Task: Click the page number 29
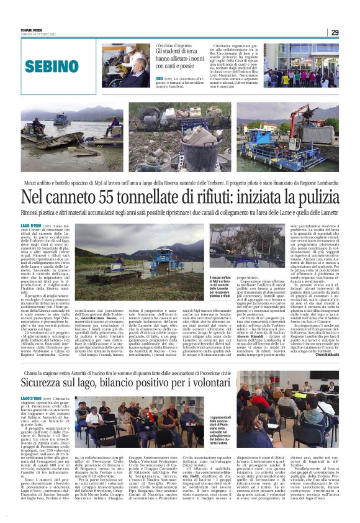click(334, 32)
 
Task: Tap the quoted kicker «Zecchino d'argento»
click(174, 47)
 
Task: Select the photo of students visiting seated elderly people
click(126, 65)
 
